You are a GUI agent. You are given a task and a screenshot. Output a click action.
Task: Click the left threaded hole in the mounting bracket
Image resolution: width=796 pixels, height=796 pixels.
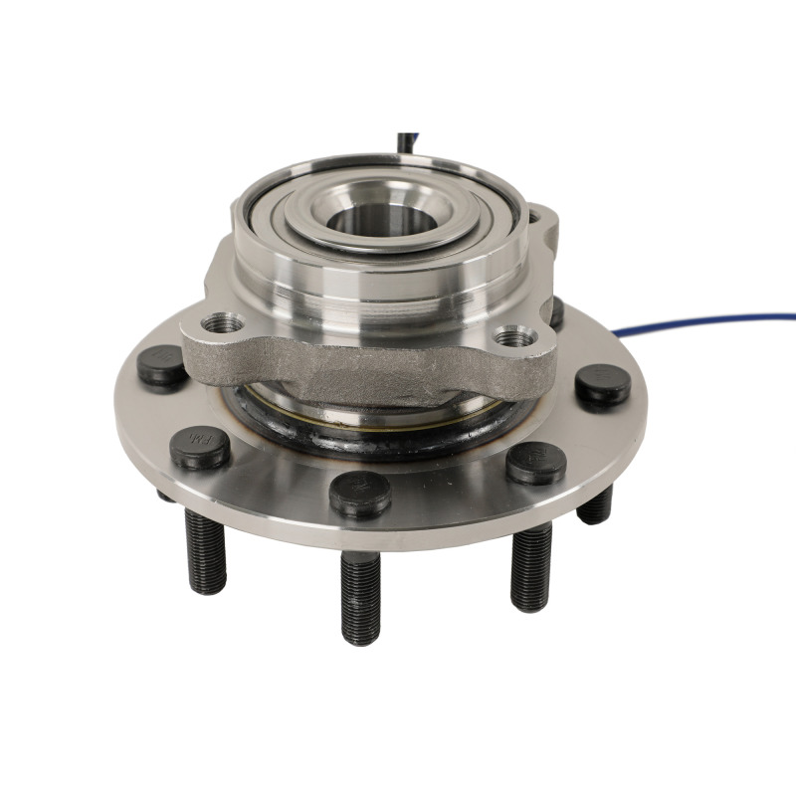221,323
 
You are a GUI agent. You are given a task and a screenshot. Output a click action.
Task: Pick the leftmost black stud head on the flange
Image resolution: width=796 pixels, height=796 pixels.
161,365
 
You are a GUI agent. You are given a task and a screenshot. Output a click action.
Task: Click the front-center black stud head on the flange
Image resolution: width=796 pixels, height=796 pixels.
359,493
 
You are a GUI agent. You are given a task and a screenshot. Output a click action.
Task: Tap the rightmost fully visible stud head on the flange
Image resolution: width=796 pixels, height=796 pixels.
603,384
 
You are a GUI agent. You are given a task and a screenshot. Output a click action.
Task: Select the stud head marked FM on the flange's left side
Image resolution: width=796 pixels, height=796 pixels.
200,446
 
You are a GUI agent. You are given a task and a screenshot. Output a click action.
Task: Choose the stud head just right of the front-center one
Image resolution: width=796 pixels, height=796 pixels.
536,462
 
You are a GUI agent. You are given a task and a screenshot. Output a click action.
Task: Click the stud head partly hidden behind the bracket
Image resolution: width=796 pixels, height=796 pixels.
556,312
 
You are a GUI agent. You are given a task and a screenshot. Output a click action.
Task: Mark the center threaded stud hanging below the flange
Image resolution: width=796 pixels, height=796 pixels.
359,597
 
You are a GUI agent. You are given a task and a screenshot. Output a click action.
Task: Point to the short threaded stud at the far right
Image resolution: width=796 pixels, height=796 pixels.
595,506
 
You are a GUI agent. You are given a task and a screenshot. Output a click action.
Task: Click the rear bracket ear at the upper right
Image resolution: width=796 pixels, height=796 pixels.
542,224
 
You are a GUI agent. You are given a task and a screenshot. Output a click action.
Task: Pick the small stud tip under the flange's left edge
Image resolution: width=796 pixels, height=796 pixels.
164,495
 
